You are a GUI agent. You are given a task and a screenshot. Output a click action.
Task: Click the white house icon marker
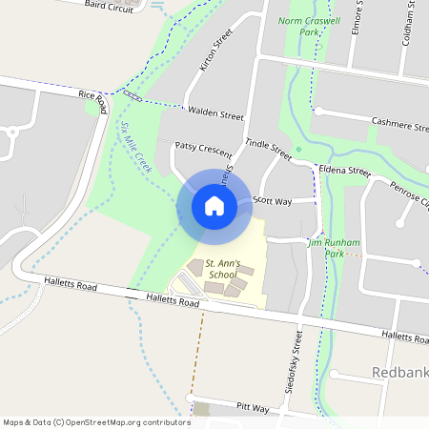click(214, 205)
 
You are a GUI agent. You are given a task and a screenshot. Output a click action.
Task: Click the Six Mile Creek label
click(137, 144)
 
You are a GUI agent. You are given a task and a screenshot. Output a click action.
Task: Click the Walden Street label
click(216, 113)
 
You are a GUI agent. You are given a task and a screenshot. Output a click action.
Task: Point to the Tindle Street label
click(267, 147)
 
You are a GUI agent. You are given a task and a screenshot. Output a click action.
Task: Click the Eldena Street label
click(344, 171)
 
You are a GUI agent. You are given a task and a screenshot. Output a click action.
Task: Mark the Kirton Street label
click(214, 54)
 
